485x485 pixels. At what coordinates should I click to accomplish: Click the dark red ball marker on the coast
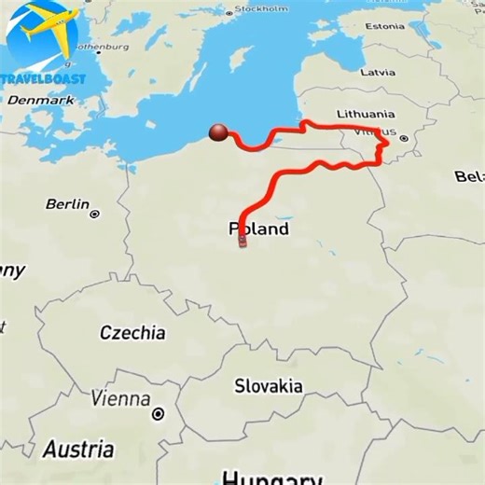(219, 133)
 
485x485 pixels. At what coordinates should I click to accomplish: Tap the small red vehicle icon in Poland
(242, 241)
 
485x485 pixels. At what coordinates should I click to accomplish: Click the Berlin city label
(67, 204)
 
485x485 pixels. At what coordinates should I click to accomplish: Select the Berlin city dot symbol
(94, 215)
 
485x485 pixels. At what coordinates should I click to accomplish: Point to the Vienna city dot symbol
(159, 413)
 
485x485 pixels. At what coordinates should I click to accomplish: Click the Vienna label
(120, 399)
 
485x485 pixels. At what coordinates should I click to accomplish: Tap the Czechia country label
(132, 333)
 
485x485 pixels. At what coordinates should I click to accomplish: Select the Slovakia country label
(268, 385)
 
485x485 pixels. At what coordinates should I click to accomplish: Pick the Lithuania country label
(366, 114)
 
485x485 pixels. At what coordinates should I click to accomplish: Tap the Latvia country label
(378, 72)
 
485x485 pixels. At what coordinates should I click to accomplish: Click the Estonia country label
(384, 26)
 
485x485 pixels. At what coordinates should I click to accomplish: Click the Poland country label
(258, 229)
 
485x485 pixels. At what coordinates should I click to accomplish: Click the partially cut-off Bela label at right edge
(469, 176)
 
